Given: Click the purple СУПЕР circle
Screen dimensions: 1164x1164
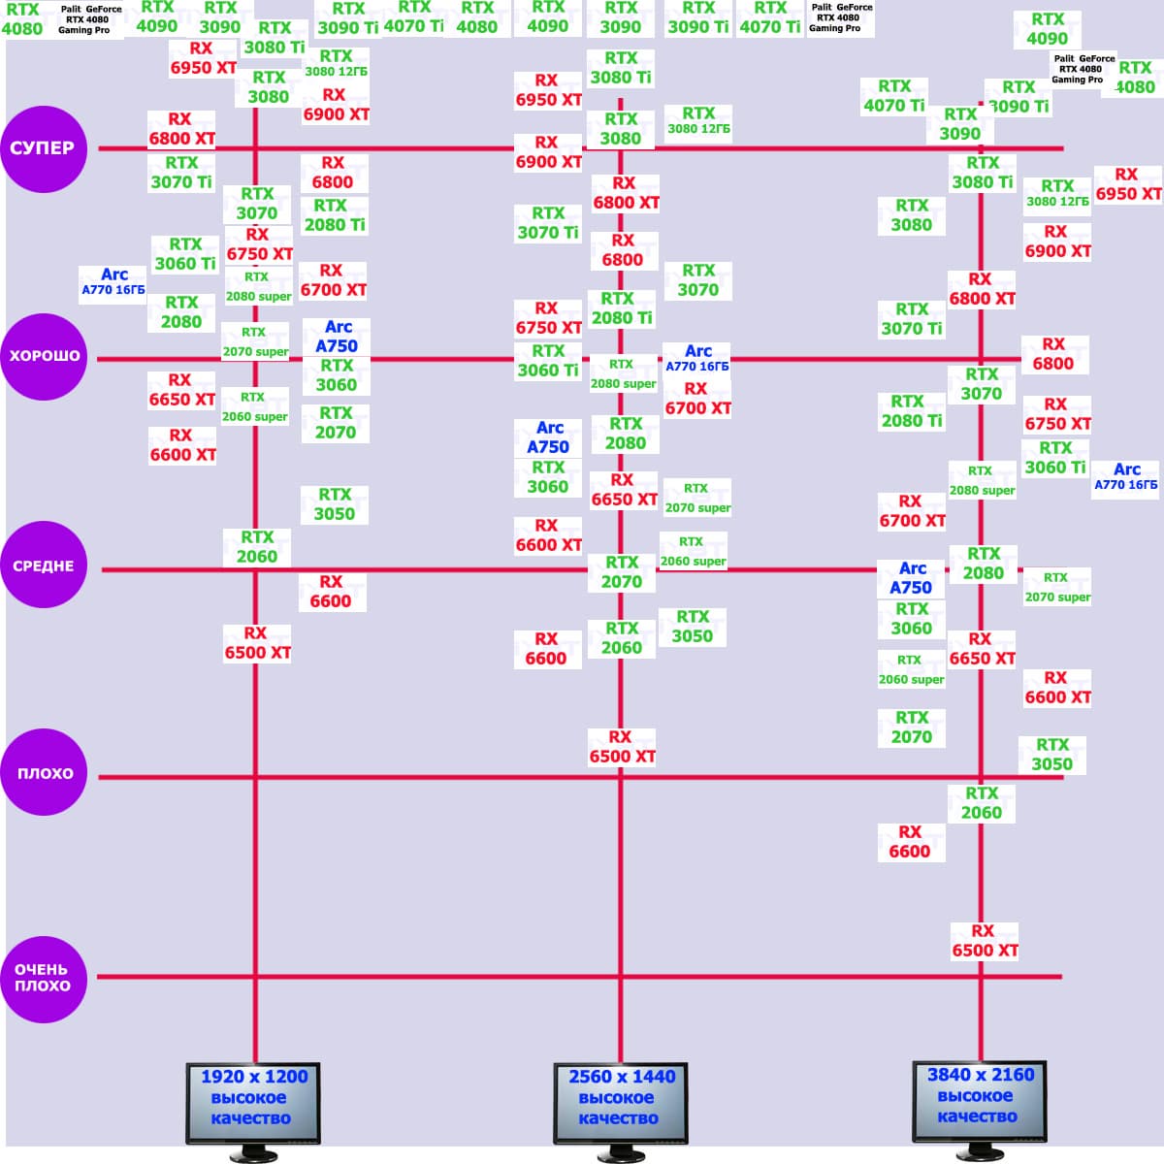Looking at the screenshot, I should (x=44, y=148).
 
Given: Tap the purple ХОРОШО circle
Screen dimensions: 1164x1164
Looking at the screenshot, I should (x=44, y=356).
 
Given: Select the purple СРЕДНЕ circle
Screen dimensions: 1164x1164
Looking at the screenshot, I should (x=44, y=566).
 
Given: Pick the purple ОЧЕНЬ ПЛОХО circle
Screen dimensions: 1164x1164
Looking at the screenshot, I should (x=44, y=978).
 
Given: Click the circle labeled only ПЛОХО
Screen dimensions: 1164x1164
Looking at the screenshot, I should (x=44, y=773).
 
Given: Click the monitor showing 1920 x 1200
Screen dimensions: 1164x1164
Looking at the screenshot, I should (x=253, y=1104).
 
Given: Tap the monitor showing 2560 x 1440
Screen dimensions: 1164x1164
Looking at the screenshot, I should (x=621, y=1104).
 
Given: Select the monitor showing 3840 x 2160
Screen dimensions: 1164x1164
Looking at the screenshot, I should (x=980, y=1102).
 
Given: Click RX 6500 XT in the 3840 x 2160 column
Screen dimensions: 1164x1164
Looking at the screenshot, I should (x=985, y=941).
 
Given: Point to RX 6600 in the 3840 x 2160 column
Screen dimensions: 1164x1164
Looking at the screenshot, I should (x=910, y=842).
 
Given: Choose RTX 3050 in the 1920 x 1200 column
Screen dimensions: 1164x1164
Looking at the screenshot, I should (x=335, y=504).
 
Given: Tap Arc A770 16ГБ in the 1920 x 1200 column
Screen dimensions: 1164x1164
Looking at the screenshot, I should (x=113, y=281).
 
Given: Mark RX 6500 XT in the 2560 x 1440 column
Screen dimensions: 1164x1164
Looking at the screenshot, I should (x=622, y=747).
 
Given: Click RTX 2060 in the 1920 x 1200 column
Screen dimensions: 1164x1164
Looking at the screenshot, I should (x=257, y=547).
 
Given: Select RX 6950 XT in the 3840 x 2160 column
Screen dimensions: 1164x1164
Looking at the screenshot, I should (x=1127, y=184).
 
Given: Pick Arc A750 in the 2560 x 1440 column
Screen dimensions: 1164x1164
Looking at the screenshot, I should (x=548, y=437).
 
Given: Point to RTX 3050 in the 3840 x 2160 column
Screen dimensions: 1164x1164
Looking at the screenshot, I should (x=1052, y=755).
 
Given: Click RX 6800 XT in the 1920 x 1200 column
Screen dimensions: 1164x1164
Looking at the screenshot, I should (x=181, y=129).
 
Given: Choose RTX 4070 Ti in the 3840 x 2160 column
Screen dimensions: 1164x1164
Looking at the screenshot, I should (x=894, y=96).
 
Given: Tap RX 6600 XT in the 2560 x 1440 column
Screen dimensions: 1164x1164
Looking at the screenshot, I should (x=548, y=535).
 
